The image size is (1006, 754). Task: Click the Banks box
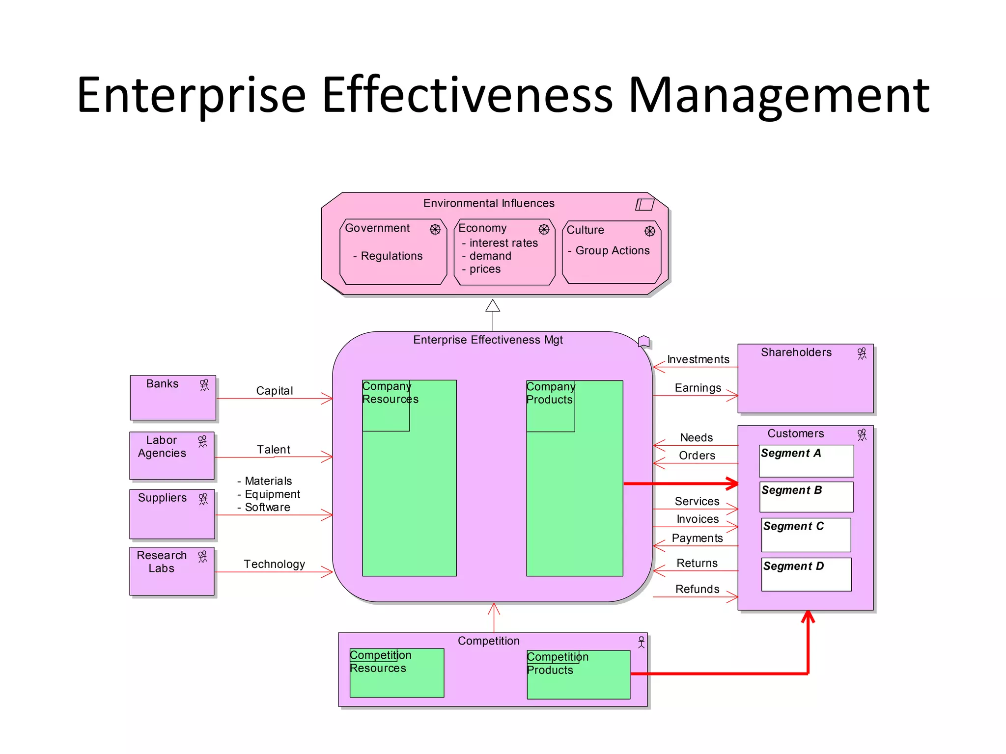click(172, 398)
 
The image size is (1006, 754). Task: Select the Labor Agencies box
click(171, 455)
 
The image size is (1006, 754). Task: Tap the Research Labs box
click(171, 571)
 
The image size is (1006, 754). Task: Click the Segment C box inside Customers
click(806, 535)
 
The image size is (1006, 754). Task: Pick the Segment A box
click(806, 460)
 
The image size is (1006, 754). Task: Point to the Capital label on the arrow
click(274, 391)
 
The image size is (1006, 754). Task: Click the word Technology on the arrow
click(274, 564)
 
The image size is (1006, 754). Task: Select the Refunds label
click(697, 589)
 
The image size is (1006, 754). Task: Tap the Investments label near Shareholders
click(698, 359)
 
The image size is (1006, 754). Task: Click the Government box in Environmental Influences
click(393, 251)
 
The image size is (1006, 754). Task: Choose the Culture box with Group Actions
click(611, 252)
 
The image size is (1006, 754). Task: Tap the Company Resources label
click(390, 393)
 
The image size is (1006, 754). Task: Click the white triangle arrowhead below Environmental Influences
click(493, 306)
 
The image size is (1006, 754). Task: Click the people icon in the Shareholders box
click(862, 354)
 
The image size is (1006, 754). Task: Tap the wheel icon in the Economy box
click(544, 229)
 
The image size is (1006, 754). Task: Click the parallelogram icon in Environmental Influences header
click(644, 204)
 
